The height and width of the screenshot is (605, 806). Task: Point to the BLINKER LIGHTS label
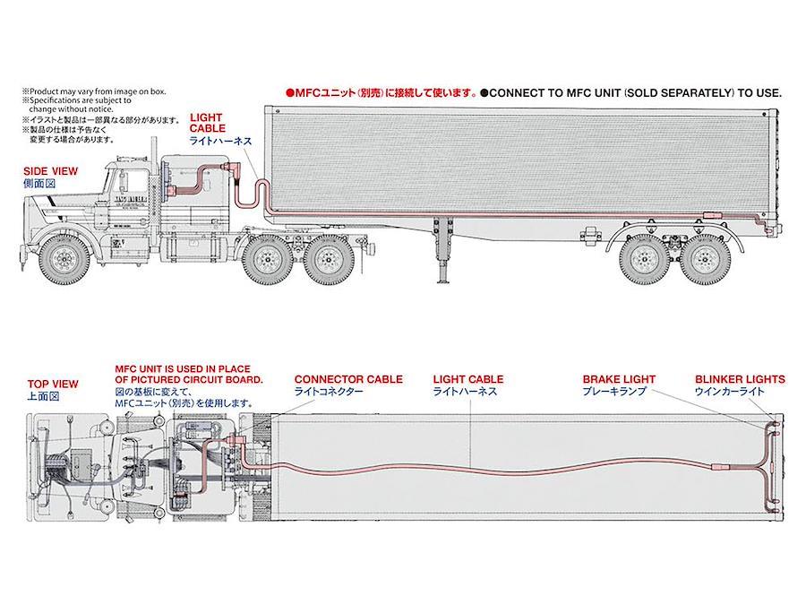[739, 379]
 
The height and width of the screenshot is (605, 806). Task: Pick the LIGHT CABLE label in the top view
[467, 379]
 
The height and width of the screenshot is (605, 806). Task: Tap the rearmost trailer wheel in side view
[705, 257]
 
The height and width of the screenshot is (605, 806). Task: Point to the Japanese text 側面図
[39, 183]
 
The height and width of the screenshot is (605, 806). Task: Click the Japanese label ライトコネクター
[330, 393]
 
